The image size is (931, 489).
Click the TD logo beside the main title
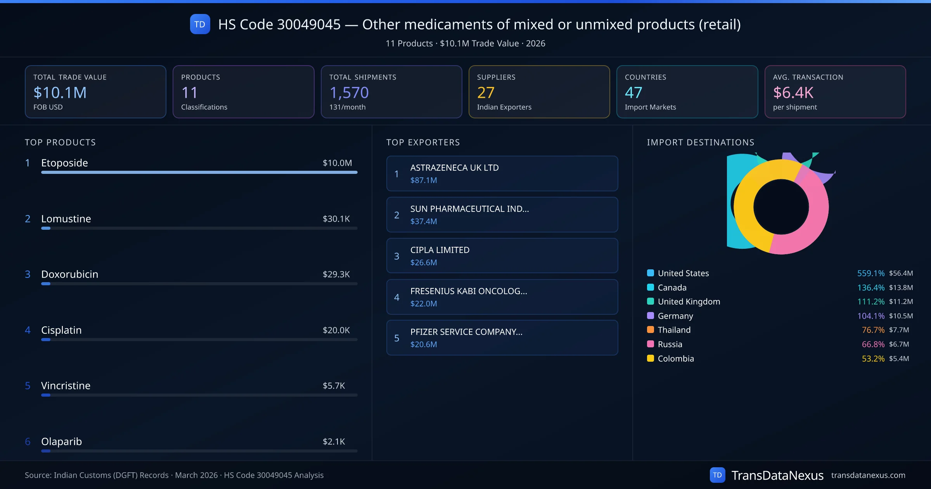(200, 24)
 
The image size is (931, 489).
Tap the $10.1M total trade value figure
(60, 93)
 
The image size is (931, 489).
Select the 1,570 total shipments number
(349, 93)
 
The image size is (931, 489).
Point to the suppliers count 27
(486, 93)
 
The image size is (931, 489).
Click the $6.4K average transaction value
(793, 93)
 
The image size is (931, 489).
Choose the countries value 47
(633, 93)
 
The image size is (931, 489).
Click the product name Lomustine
(66, 219)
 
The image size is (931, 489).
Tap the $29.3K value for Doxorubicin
(336, 274)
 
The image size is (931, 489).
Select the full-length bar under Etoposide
(199, 172)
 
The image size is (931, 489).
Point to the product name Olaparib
(61, 442)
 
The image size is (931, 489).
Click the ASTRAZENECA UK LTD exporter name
(454, 168)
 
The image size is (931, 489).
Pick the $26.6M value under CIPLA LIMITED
(424, 263)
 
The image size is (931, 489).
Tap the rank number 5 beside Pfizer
(396, 338)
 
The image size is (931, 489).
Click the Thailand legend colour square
(651, 330)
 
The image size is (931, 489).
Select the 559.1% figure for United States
(870, 273)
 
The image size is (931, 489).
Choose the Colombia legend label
(676, 359)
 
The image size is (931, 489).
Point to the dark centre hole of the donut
(781, 207)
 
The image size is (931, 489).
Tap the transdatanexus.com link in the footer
(868, 475)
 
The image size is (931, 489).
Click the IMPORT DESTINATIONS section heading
(701, 142)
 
